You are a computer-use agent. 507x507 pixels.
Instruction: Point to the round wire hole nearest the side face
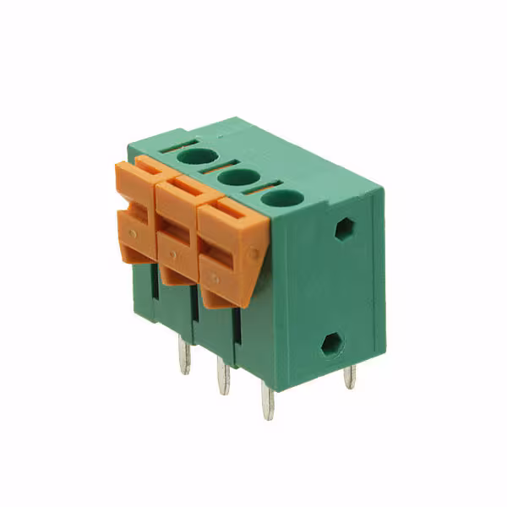tap(281, 199)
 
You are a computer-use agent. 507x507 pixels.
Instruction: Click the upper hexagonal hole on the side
tap(344, 228)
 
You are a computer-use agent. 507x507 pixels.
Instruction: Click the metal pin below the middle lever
tap(223, 375)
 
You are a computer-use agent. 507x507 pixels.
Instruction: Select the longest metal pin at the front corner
tap(267, 401)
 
